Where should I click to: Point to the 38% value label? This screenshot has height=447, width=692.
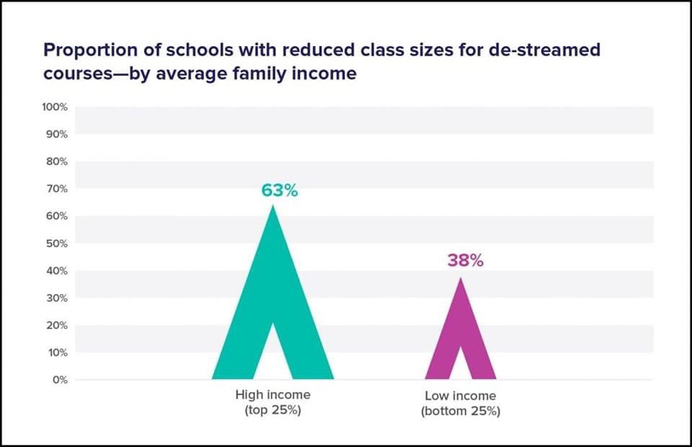coord(465,260)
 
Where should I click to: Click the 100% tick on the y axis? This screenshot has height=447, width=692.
coord(55,107)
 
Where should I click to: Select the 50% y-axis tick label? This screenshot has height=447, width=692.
coord(57,243)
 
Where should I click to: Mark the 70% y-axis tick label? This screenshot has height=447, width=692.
coord(57,188)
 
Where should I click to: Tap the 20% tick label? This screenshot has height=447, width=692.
coord(57,325)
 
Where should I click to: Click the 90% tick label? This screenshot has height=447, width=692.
coord(57,134)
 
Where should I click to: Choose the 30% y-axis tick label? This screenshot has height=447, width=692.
coord(57,298)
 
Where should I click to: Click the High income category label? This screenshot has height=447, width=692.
coord(272,395)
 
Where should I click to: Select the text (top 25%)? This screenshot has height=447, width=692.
coord(272,411)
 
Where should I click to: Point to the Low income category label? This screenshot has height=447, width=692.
coord(460,396)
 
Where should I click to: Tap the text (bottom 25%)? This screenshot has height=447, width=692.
coord(460,412)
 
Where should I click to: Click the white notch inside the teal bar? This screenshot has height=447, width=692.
coord(273,357)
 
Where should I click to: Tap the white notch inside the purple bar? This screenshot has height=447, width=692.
coord(460,365)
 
